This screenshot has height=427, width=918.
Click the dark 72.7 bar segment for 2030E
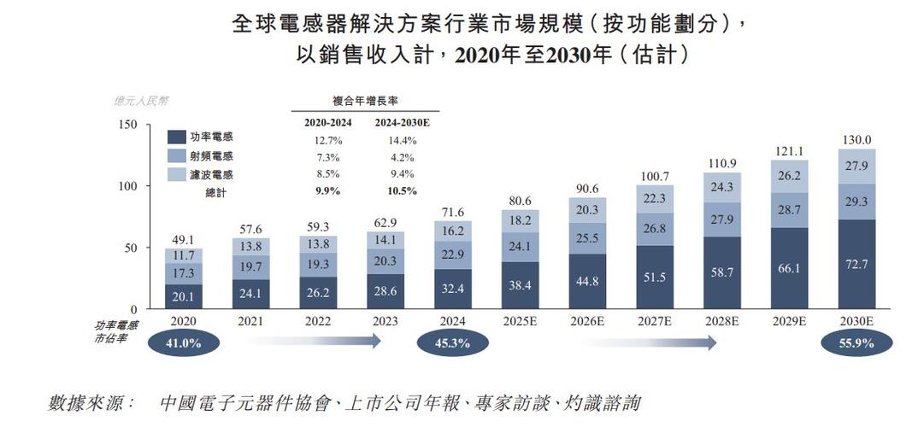[857, 264]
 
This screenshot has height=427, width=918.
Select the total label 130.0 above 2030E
[857, 140]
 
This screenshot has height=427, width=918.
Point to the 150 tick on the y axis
[127, 125]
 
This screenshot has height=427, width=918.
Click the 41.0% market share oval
[184, 344]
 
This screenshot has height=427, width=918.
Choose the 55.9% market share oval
[856, 344]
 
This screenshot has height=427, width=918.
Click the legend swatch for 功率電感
[178, 137]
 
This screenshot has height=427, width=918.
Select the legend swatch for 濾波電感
[178, 175]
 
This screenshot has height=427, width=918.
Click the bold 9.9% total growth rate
[327, 191]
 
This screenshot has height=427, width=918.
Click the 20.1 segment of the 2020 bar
[185, 296]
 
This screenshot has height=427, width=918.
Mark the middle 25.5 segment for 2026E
[587, 238]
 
